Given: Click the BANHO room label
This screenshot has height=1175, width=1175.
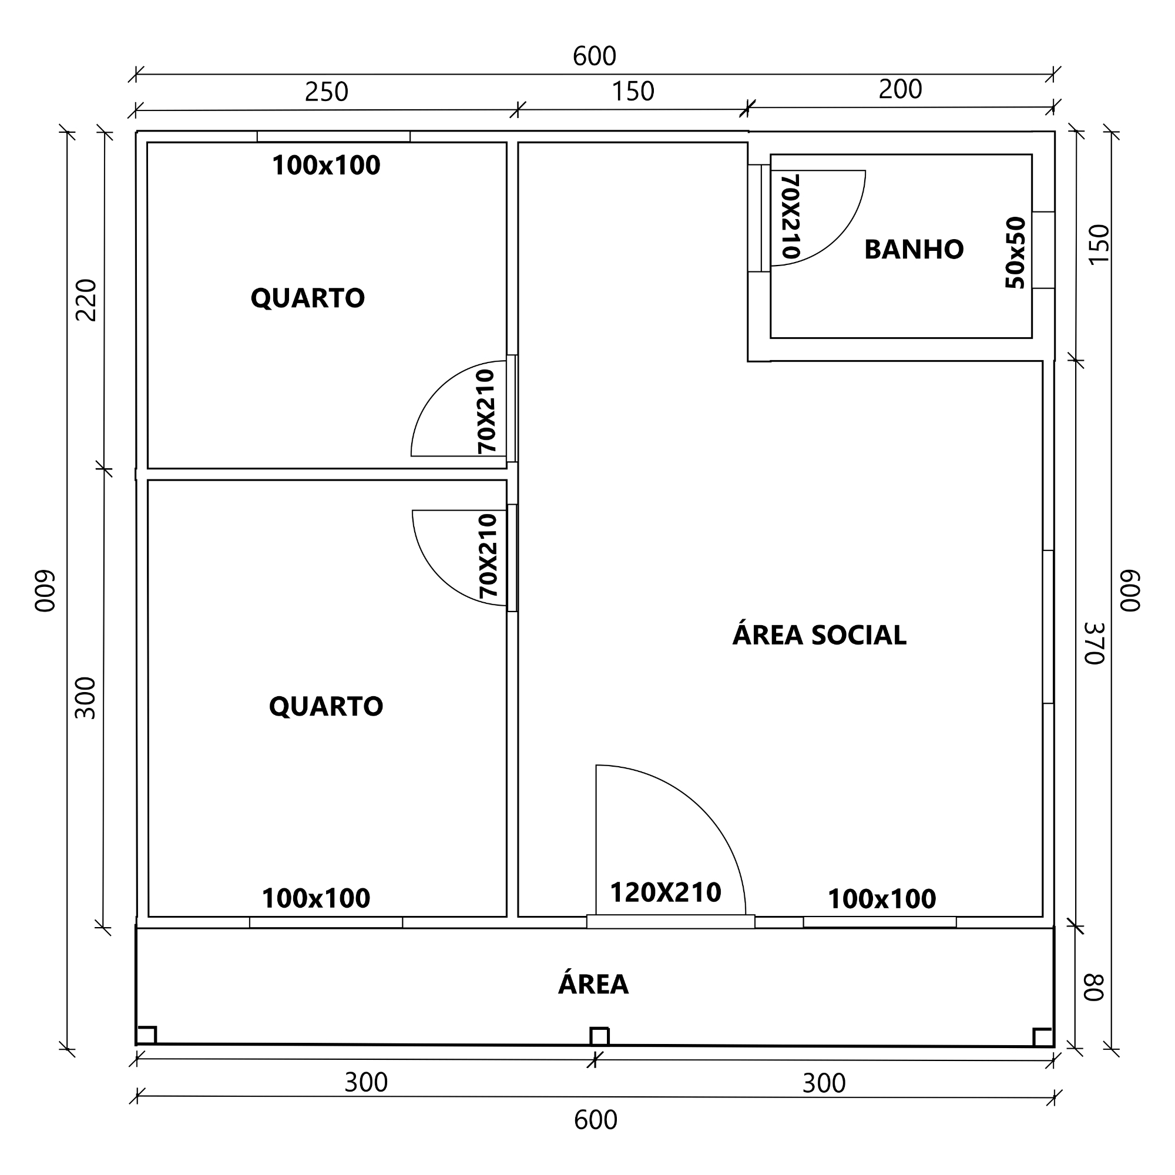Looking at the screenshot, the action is coord(914,249).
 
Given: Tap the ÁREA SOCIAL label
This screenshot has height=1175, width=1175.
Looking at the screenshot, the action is coord(819,635).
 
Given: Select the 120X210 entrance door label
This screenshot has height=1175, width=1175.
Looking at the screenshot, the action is coord(666,893).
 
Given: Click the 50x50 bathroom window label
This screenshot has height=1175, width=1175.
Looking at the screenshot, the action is coord(1016,253).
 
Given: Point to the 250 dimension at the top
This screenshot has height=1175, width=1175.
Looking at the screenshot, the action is coord(327,92).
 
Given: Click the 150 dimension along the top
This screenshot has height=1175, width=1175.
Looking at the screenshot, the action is coord(633,91).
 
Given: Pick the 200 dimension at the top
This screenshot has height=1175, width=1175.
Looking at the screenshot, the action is coord(900,89).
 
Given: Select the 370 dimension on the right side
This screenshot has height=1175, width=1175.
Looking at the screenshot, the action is coord(1094,643).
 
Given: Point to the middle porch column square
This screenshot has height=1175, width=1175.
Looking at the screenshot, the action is coord(599,1036).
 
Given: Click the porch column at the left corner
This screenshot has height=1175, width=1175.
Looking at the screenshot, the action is coord(146,1035).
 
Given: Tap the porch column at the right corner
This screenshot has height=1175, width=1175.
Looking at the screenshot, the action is coord(1042,1037).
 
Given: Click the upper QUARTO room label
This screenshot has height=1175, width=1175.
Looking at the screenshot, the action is coord(308,298).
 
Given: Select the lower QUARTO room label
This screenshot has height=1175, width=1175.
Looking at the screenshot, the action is coord(326,706).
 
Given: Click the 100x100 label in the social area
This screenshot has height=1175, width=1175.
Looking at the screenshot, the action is coord(882,899).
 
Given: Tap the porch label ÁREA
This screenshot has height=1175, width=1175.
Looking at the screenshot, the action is coord(593,984).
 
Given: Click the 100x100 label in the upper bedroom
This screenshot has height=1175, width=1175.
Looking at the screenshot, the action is coord(326,166).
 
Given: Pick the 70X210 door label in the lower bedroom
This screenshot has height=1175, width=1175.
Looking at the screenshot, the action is coord(488,556).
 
